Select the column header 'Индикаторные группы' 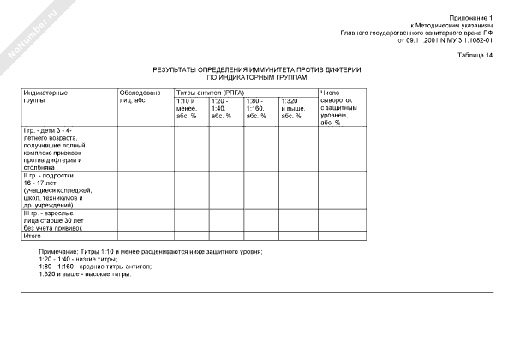(46, 96)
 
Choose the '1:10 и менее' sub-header (188, 108)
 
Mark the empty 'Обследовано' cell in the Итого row (145, 236)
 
